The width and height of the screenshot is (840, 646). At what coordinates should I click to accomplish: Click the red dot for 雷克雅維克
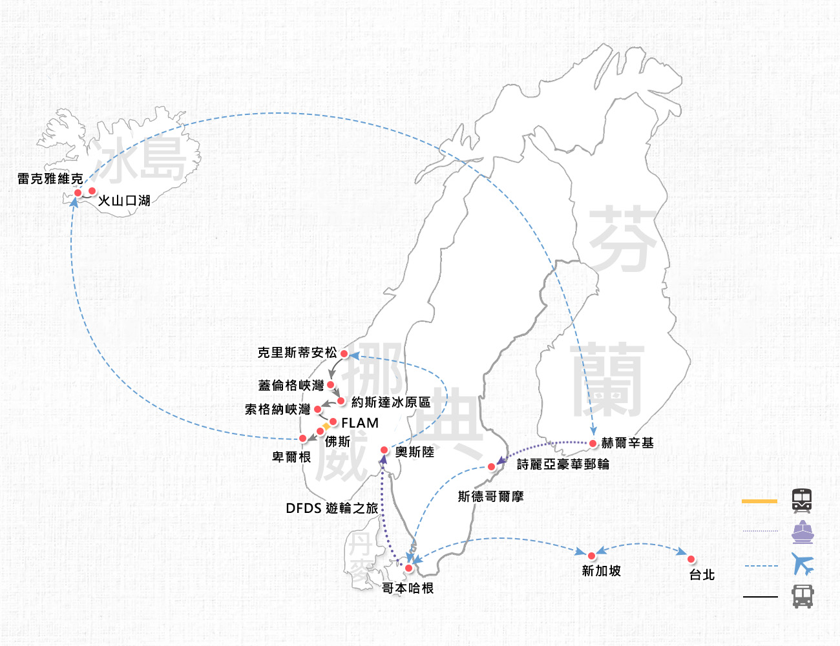tap(78, 193)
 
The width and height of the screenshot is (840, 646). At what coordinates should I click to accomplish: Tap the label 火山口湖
tap(124, 200)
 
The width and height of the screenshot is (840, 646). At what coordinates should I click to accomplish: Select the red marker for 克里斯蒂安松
tap(344, 353)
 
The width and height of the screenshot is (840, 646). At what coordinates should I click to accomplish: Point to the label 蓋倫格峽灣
tap(291, 385)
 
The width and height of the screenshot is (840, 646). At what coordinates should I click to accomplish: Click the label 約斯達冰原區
tap(391, 402)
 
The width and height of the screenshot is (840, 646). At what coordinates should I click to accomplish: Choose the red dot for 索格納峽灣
tap(318, 409)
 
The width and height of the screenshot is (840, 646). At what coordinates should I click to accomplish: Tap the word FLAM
tap(360, 423)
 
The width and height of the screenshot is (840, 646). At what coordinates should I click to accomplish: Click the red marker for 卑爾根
tap(303, 438)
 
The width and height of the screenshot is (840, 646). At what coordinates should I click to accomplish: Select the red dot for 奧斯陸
tap(384, 450)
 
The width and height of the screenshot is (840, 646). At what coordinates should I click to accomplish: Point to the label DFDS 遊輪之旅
tap(331, 508)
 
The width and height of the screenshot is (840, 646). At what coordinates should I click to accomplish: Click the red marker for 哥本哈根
tap(408, 568)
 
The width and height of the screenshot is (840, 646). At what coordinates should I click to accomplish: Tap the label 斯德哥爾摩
tap(491, 496)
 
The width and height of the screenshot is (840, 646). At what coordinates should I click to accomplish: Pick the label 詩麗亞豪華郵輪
tap(563, 464)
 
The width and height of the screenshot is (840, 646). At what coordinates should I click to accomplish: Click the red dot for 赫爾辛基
tap(593, 444)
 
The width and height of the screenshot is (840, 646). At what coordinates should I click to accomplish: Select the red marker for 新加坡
tap(591, 556)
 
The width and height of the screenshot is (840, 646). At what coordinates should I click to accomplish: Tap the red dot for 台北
tap(691, 559)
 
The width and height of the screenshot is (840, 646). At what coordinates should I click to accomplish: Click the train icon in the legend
tap(802, 501)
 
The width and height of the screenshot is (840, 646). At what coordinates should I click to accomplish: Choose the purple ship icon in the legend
tap(803, 532)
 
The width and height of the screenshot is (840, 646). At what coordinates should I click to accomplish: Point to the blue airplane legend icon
tap(803, 564)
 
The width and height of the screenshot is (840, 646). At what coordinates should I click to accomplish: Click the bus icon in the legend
tap(803, 596)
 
